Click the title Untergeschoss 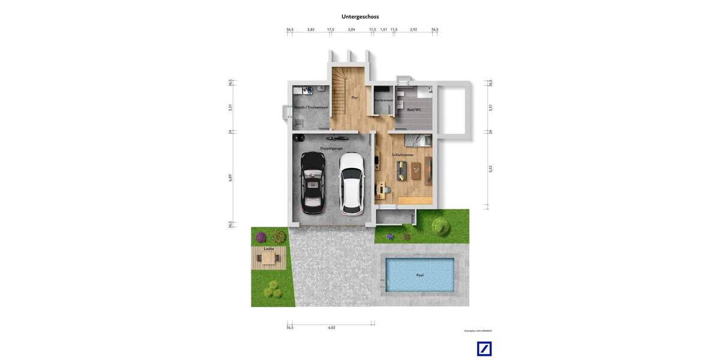(360, 17)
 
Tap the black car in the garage (313, 183)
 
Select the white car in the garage (352, 183)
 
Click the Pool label (420, 275)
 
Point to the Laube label (269, 248)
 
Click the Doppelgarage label (331, 148)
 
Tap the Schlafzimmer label (403, 155)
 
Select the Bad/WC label (414, 110)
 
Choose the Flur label (355, 97)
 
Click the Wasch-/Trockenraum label (311, 107)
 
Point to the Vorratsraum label (383, 100)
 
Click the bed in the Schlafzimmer (418, 140)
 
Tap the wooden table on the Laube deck (268, 259)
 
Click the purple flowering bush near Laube (260, 237)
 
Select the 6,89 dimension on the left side (230, 178)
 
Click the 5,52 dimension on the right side (490, 169)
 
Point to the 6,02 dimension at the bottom (332, 328)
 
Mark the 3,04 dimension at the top (352, 29)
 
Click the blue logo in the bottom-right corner (484, 349)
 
